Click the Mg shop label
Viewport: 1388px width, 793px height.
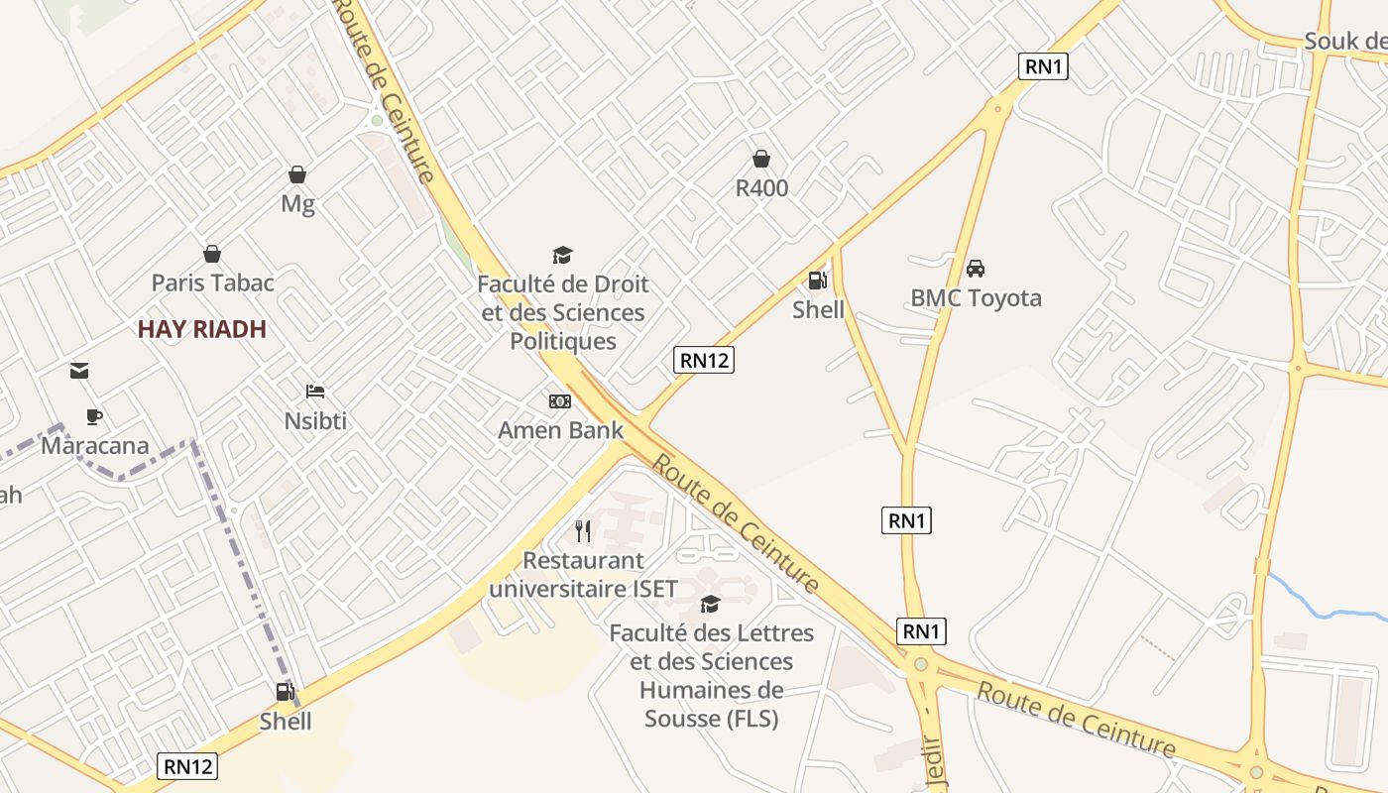click(297, 204)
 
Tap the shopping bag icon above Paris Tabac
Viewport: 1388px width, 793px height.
click(211, 254)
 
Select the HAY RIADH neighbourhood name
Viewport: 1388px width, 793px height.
click(202, 329)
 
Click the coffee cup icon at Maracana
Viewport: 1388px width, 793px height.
click(94, 416)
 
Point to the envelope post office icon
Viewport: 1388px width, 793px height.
click(79, 371)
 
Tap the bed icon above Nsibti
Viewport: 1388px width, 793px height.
click(315, 392)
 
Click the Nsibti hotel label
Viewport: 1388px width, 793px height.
click(315, 420)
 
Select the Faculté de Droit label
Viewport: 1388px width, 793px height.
click(562, 312)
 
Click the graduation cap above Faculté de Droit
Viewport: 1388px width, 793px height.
click(562, 256)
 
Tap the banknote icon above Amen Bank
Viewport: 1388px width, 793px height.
click(560, 401)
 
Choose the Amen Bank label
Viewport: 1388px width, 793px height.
click(560, 430)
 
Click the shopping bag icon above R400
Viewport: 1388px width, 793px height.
click(761, 159)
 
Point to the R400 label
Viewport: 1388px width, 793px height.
click(761, 187)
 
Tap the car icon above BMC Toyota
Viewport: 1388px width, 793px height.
click(976, 269)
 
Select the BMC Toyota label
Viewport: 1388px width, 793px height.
click(976, 297)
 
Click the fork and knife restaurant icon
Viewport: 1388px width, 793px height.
click(583, 531)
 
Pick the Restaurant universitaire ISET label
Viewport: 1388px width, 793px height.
click(583, 575)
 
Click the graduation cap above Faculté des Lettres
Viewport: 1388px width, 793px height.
click(710, 604)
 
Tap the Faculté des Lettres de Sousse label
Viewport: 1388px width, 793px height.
click(711, 675)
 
